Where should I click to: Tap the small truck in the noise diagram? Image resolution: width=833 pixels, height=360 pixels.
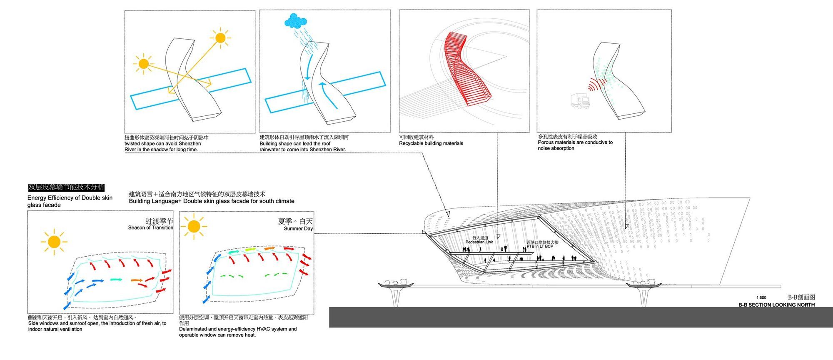[580, 101]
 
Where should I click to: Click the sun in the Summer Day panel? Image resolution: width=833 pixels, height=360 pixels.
[194, 227]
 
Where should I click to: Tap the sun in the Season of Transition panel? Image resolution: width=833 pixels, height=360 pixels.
[54, 242]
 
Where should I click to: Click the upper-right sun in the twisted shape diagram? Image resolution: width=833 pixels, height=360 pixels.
[220, 38]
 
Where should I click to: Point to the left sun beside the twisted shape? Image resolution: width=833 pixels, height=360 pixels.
[143, 64]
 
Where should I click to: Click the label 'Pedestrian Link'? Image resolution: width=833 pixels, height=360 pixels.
[479, 242]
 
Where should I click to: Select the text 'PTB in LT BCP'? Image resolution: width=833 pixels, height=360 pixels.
[540, 246]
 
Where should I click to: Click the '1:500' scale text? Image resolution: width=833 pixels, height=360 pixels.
[761, 298]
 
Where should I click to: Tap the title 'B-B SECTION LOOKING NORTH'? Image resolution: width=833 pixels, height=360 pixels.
[776, 305]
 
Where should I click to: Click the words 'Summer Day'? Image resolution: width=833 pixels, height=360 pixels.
[298, 229]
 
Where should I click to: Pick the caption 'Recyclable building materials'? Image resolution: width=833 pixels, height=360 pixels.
[431, 143]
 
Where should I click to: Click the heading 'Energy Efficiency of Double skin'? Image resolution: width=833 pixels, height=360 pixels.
[70, 198]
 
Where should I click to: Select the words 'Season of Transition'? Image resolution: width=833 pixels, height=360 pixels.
[150, 227]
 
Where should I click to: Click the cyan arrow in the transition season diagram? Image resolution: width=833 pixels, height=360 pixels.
[116, 280]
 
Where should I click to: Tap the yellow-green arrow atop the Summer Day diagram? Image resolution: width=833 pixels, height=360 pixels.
[250, 249]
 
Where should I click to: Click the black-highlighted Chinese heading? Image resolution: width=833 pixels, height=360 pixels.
[66, 187]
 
